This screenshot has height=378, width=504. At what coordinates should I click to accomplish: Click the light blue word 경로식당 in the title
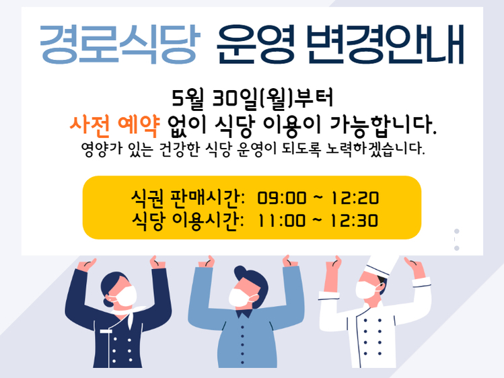coord(120,44)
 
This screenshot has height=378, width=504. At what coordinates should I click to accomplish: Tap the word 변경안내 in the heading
coord(385,44)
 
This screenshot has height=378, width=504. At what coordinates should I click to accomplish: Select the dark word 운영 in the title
coord(256,44)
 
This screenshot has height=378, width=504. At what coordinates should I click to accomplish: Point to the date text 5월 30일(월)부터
coord(252,98)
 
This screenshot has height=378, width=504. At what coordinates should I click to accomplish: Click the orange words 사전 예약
coord(115,125)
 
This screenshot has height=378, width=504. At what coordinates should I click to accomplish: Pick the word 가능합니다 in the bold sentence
coord(384,125)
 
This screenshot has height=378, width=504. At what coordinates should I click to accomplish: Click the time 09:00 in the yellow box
coord(281,198)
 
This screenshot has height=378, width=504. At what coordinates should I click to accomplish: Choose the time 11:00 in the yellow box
coord(281,221)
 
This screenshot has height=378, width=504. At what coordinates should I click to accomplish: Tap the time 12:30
coord(354,221)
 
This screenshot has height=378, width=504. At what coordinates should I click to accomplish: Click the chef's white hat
coord(382,265)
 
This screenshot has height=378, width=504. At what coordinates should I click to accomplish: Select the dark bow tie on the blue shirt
coord(244,313)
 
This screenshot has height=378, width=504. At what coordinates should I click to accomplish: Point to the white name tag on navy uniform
coord(106,331)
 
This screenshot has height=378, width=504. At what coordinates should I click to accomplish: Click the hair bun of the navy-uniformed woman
coord(107,303)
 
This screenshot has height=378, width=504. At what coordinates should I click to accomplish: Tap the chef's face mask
coord(366,290)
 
